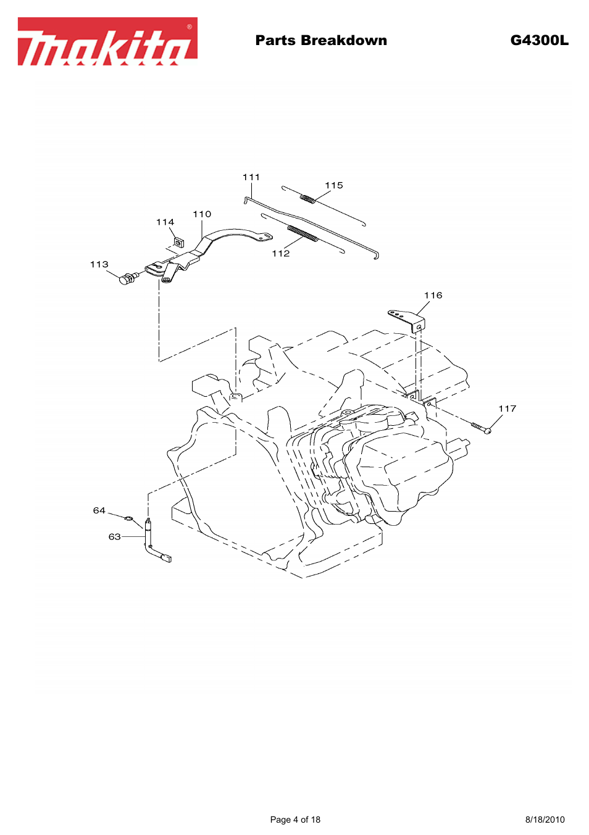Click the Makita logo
(x=107, y=41)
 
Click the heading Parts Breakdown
(x=321, y=41)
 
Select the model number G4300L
(x=539, y=41)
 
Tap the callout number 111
(x=251, y=177)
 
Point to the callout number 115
(x=334, y=185)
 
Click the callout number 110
(x=202, y=214)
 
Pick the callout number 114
(x=165, y=222)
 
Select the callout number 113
(x=99, y=264)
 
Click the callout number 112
(x=281, y=253)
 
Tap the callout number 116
(x=433, y=295)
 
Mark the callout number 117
(x=508, y=409)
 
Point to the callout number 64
(x=99, y=510)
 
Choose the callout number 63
(x=114, y=536)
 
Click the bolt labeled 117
(x=482, y=428)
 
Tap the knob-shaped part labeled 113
(x=127, y=279)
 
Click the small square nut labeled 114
(x=178, y=242)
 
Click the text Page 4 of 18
(x=295, y=820)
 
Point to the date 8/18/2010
(x=545, y=820)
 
